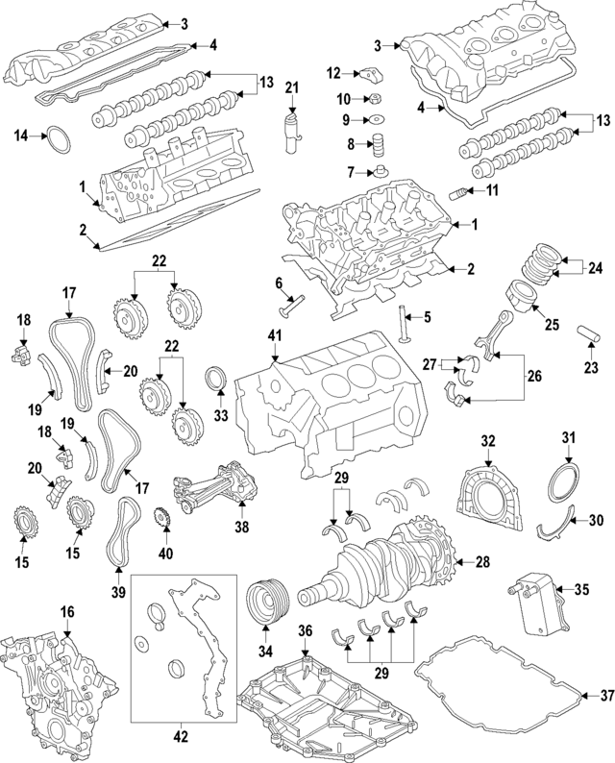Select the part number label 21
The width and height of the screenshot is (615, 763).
pyautogui.click(x=293, y=89)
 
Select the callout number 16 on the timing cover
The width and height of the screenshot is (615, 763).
pyautogui.click(x=66, y=612)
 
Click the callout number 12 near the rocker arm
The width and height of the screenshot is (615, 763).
pyautogui.click(x=333, y=73)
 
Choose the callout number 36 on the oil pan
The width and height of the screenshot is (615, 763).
pyautogui.click(x=304, y=631)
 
